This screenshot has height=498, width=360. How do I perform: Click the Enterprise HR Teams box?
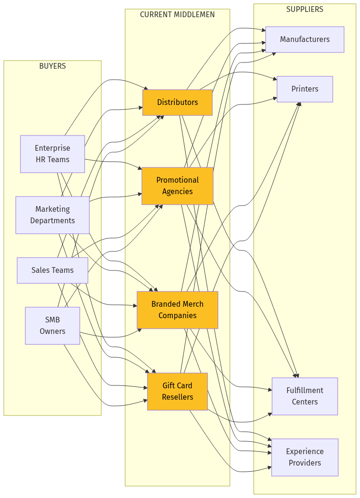pos(53,154)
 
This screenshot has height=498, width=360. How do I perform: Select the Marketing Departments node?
pos(53,215)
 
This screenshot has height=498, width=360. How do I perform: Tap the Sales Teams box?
pos(53,270)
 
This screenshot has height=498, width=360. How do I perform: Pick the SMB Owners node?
pos(53,325)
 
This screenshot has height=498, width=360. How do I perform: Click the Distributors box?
pos(177,102)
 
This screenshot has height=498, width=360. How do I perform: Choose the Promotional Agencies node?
pos(177,186)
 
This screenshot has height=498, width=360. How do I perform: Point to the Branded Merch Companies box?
pos(177,310)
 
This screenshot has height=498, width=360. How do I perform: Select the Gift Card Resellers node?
pos(177,391)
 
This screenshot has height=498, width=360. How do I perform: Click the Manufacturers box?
pos(305,39)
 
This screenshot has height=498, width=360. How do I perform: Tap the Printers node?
pos(305,89)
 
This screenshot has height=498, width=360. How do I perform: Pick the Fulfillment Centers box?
pos(305,396)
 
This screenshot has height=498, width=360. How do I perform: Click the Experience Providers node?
pos(305,457)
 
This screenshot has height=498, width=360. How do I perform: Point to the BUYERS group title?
pos(53,66)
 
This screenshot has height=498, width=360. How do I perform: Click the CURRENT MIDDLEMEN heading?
pos(177,14)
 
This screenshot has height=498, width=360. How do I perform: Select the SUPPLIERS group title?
pos(305,9)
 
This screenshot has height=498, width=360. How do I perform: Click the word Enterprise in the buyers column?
pos(53,148)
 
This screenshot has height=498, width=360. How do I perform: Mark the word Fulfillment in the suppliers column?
pos(305,390)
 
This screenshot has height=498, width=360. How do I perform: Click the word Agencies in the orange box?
pos(177,191)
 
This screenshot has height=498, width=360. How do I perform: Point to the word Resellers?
pos(177,397)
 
